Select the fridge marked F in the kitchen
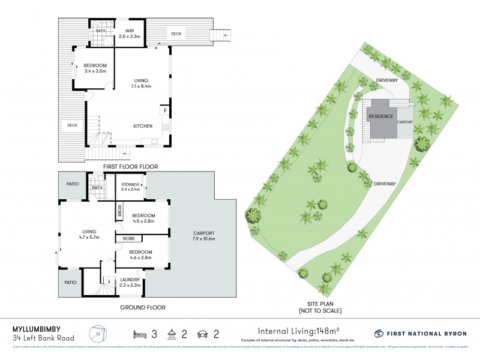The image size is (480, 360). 164,110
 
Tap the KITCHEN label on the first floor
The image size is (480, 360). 142,126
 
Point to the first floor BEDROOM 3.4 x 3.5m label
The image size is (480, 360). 95,68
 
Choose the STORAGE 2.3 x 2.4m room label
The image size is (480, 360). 130,187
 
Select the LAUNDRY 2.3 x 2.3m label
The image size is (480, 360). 130,282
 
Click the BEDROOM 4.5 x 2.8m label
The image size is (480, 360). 143,219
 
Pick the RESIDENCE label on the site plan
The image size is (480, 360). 380,116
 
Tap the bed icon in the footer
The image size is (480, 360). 142,333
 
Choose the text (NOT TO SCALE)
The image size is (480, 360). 320,311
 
